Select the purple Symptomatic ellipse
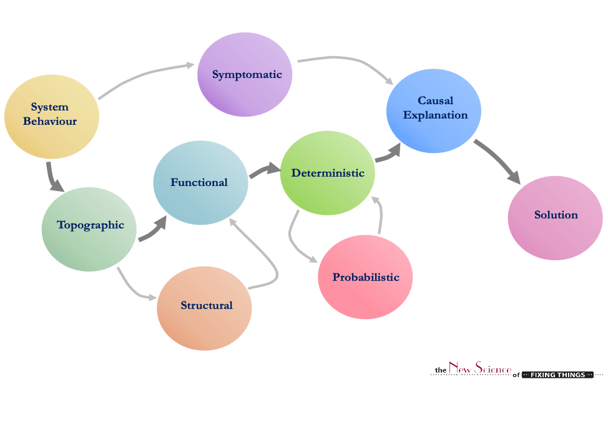click(245, 75)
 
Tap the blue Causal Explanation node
click(434, 110)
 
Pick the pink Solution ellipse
click(555, 215)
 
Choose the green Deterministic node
click(328, 174)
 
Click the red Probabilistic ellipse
click(365, 277)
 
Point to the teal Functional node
click(200, 183)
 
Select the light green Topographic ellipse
click(89, 226)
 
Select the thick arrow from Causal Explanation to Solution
click(497, 160)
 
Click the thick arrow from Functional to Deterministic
click(265, 170)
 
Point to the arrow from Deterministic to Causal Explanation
click(388, 155)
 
